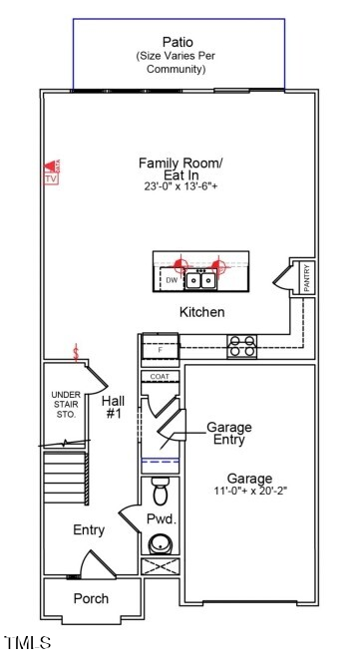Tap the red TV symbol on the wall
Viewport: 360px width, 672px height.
(51, 171)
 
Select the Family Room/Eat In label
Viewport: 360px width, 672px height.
(180, 168)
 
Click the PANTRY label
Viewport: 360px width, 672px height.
(306, 278)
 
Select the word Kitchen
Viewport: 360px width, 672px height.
(201, 312)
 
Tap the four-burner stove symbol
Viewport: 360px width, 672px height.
(241, 346)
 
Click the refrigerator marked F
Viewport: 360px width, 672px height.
(158, 349)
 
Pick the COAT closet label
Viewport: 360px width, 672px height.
(159, 376)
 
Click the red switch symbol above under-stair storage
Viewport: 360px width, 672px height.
(76, 352)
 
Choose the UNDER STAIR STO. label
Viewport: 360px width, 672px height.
(66, 405)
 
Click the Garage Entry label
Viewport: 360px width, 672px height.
(228, 433)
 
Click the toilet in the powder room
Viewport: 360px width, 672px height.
(160, 492)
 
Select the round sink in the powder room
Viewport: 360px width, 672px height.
(160, 544)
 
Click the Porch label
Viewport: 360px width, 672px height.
(91, 598)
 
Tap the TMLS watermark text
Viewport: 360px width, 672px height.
(28, 643)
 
